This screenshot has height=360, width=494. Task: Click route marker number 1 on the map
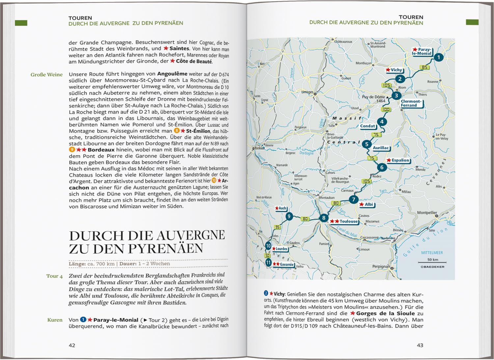pyautogui.click(x=438, y=57)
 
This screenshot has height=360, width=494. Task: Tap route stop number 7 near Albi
pyautogui.click(x=353, y=199)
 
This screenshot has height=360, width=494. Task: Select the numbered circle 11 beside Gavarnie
pyautogui.click(x=268, y=263)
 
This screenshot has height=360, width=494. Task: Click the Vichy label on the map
pyautogui.click(x=396, y=70)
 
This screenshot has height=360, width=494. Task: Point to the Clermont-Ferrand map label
pyautogui.click(x=411, y=103)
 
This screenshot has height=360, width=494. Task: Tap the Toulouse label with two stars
pyautogui.click(x=348, y=221)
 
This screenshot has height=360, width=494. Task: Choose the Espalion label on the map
pyautogui.click(x=400, y=160)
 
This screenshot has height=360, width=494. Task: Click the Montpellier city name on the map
pyautogui.click(x=427, y=212)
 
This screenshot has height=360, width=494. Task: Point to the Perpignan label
pyautogui.click(x=381, y=266)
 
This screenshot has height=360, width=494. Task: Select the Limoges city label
pyautogui.click(x=308, y=92)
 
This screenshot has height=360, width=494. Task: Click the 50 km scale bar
pyautogui.click(x=432, y=262)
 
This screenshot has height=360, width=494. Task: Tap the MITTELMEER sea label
pyautogui.click(x=432, y=253)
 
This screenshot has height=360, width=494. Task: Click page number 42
pyautogui.click(x=72, y=345)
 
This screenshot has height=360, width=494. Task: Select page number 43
pyautogui.click(x=420, y=345)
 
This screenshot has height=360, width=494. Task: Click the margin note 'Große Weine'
pyautogui.click(x=46, y=74)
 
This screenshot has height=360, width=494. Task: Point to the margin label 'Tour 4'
pyautogui.click(x=54, y=276)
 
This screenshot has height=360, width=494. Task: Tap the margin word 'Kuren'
pyautogui.click(x=55, y=320)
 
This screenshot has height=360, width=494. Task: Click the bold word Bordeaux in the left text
pyautogui.click(x=101, y=150)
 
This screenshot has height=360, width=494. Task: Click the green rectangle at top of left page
pyautogui.click(x=21, y=23)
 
